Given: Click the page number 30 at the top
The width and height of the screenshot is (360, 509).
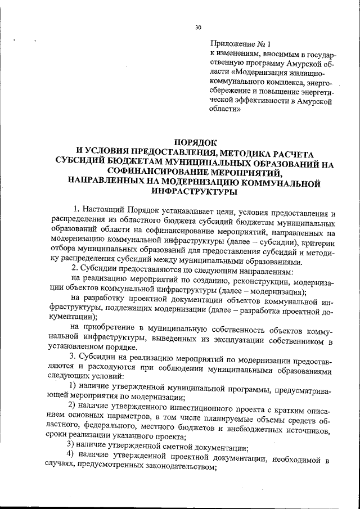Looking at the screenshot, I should tap(198, 26).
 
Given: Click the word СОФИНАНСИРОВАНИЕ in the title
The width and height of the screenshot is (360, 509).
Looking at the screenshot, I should tap(162, 173).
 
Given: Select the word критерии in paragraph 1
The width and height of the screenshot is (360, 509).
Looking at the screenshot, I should tap(317, 242).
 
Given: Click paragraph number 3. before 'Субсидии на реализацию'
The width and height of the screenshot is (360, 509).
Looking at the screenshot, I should tap(72, 357).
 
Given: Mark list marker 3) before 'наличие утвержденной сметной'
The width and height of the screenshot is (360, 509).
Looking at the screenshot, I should tap(72, 448).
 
